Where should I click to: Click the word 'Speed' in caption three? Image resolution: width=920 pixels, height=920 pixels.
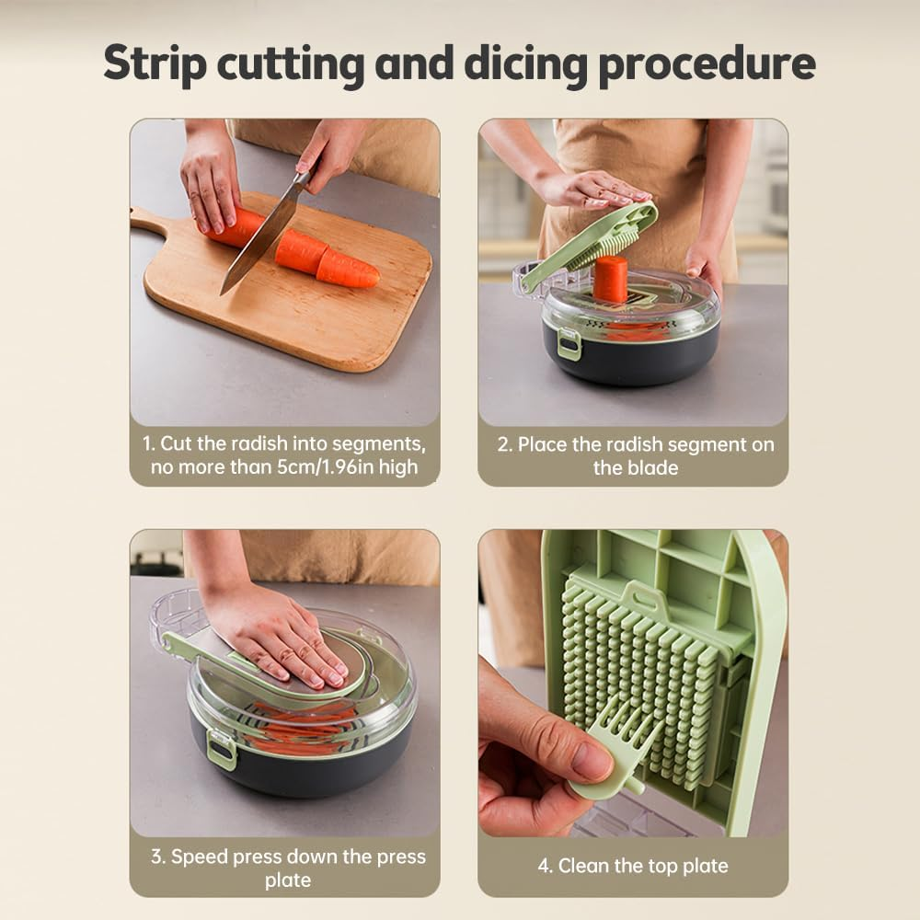coord(199,857)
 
